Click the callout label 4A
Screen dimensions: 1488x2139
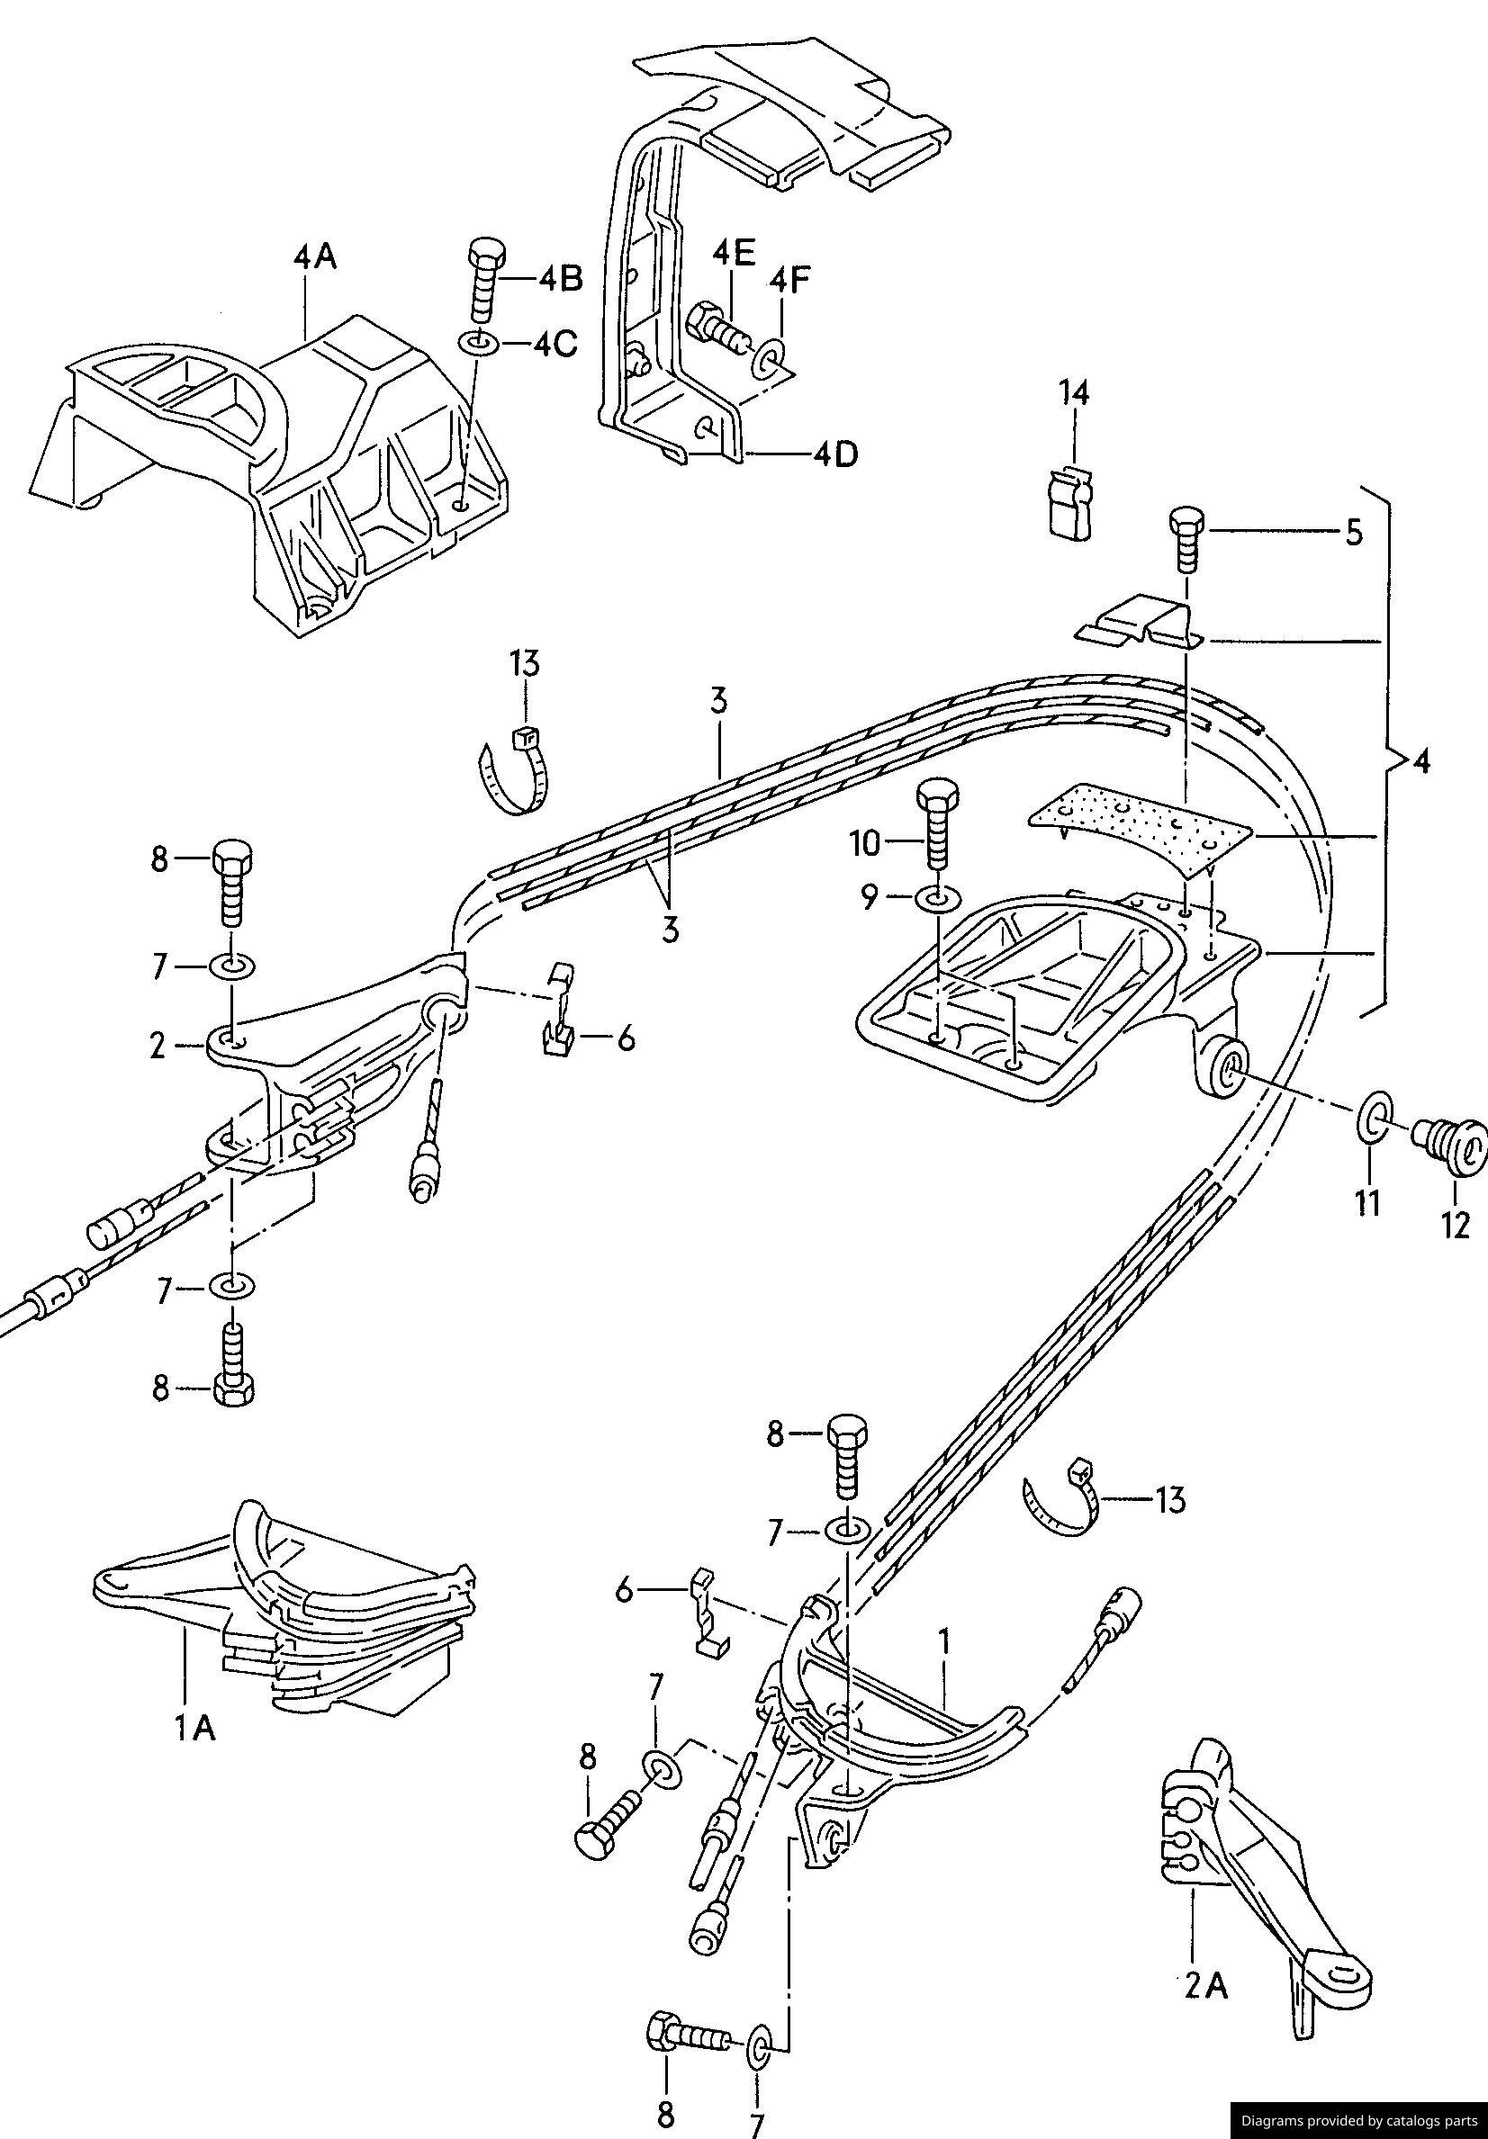click(x=315, y=256)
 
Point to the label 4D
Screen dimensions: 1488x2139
click(x=834, y=456)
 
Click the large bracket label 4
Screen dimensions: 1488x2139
click(x=1420, y=762)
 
